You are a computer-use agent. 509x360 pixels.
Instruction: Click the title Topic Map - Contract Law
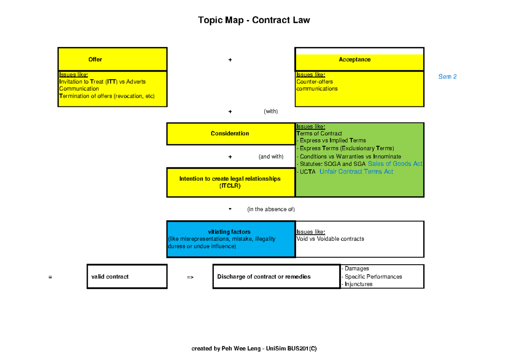[x=254, y=20]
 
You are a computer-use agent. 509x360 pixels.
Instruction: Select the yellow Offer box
[x=112, y=59]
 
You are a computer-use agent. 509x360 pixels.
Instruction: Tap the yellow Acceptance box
[x=359, y=60]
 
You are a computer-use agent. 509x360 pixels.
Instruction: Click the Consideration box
[x=230, y=134]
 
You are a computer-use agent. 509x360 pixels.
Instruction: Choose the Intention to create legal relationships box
[x=230, y=182]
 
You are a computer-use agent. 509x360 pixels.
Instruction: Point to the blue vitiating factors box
[x=230, y=239]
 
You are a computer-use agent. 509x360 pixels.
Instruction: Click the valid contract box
[x=127, y=276]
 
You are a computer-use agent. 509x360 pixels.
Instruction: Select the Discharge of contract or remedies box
[x=276, y=276]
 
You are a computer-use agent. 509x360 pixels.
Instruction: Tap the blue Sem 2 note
[x=447, y=77]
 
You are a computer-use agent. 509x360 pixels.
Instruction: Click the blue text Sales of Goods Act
[x=395, y=164]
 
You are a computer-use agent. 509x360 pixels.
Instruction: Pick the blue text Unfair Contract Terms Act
[x=356, y=172]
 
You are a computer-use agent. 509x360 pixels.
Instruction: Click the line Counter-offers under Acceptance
[x=314, y=82]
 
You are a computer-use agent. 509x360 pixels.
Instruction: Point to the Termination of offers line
[x=107, y=96]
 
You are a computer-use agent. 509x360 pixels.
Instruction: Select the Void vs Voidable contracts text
[x=330, y=239]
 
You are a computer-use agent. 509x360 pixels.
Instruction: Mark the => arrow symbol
[x=190, y=277]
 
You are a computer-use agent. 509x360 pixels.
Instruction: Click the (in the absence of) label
[x=271, y=209]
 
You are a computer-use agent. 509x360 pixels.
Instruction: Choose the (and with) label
[x=271, y=156]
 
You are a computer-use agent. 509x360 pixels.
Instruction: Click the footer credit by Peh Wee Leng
[x=254, y=349]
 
